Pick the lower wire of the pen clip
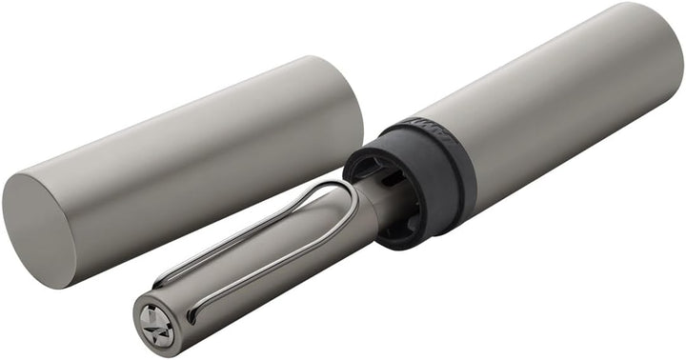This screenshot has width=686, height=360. pyautogui.click(x=276, y=266)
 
